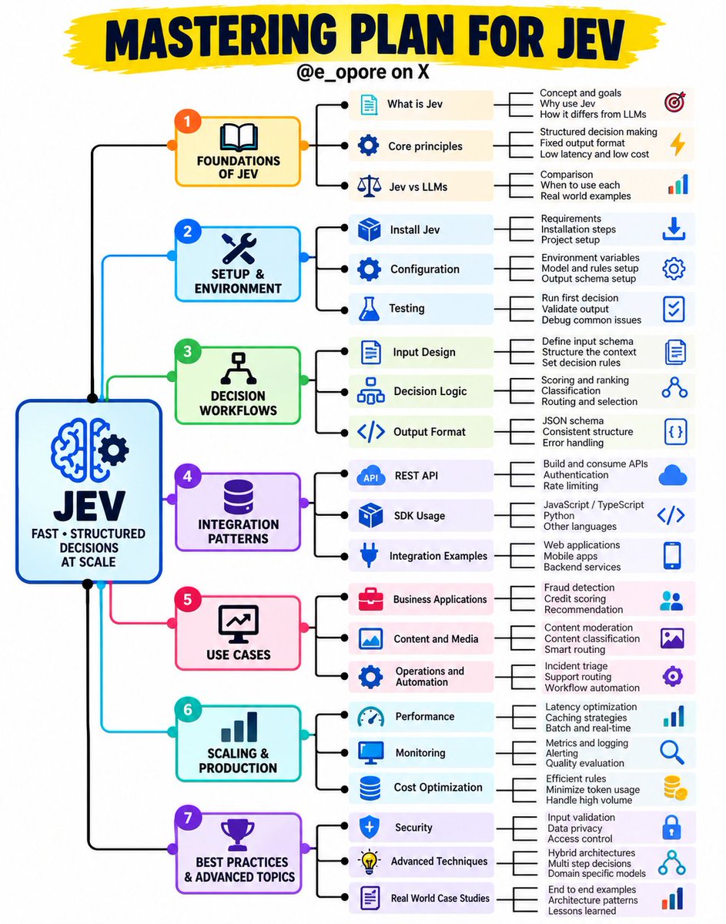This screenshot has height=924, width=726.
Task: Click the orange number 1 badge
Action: (x=187, y=122)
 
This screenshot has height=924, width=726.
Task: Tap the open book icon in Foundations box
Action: (x=239, y=137)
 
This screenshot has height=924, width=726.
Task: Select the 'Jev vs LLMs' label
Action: (x=418, y=186)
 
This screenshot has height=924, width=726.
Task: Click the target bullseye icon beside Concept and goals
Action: (x=674, y=102)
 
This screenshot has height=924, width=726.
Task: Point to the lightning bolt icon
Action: (x=677, y=144)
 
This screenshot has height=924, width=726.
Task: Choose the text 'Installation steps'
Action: (x=578, y=229)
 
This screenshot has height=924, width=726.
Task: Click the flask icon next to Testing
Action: (x=369, y=309)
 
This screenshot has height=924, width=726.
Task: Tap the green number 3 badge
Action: (x=187, y=351)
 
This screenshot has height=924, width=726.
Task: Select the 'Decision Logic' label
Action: (x=430, y=391)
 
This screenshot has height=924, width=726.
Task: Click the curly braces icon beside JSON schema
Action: (x=675, y=432)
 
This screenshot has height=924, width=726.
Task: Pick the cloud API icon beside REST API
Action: (x=371, y=476)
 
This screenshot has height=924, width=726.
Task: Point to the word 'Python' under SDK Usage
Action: (x=558, y=515)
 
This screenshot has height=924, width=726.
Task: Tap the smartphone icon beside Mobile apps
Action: (x=672, y=556)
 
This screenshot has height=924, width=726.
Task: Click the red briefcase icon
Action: (x=370, y=599)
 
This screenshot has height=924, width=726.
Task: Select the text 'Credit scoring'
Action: (x=574, y=599)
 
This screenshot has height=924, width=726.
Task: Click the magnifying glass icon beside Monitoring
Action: (x=672, y=752)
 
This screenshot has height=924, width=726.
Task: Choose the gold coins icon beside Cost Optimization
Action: (x=675, y=788)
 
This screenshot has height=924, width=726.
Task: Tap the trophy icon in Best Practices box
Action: (x=238, y=835)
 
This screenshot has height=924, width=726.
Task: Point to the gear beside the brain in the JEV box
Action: (x=113, y=450)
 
